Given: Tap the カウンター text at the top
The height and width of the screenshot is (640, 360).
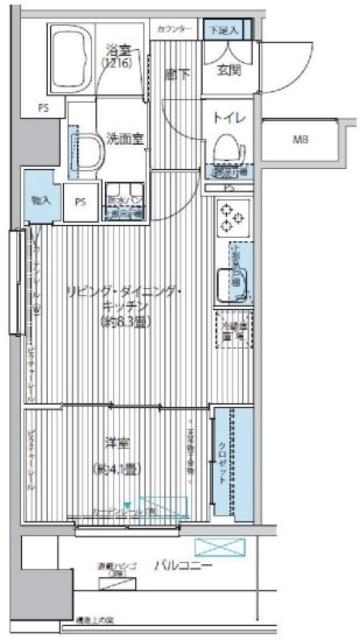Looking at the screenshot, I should (x=175, y=30).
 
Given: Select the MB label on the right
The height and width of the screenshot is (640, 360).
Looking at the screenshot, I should (x=299, y=139).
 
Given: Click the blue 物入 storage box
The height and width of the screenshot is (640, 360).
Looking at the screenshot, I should (x=39, y=201).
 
